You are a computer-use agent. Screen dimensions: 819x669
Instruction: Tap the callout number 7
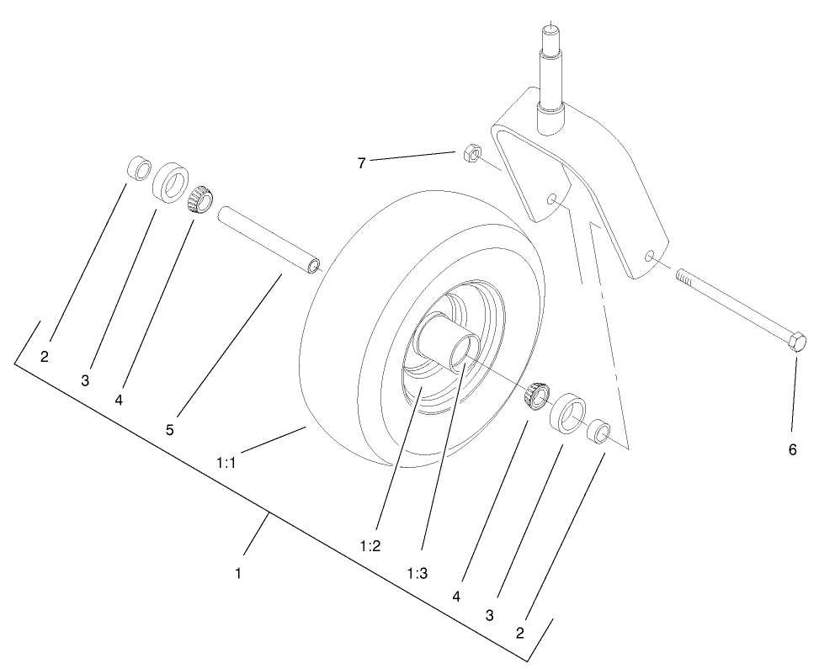361,163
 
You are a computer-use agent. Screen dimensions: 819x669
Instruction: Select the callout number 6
792,449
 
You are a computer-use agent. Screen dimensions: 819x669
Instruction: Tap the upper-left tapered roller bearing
199,200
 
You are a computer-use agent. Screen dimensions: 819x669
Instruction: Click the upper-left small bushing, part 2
138,167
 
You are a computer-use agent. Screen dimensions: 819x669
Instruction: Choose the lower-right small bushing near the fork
598,431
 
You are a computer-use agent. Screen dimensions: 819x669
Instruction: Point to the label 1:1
228,462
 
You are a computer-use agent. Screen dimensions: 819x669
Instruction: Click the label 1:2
370,545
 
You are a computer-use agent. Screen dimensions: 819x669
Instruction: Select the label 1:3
417,573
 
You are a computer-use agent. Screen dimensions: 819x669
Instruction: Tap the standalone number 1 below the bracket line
239,573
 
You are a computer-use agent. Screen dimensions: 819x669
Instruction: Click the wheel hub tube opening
464,352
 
